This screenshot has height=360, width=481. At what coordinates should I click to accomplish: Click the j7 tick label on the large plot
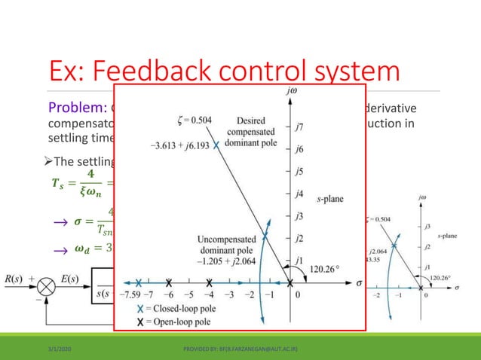coord(299,128)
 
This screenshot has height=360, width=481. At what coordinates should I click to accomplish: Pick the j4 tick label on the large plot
coord(299,194)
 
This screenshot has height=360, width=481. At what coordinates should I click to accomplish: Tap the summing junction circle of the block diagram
coord(47,285)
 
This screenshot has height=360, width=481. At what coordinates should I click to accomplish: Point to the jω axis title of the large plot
coord(292,94)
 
